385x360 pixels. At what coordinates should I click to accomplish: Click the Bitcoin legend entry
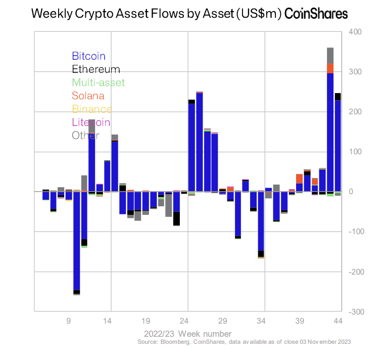coord(88,56)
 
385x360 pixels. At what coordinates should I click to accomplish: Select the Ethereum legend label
coord(96,69)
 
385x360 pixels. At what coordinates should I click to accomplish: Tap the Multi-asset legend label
coord(98,82)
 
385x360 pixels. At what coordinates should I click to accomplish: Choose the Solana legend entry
coord(88,96)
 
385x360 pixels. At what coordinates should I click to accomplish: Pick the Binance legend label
coord(92,109)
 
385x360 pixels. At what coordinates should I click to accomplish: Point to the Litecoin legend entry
coord(91,122)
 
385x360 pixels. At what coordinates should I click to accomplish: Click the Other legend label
coord(85,135)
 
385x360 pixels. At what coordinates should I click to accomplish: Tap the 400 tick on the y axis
coord(355,32)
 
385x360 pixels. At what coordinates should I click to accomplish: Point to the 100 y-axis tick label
coord(355,152)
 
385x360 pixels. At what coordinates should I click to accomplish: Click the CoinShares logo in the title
coord(316,14)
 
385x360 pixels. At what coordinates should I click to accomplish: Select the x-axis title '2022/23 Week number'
coord(188,334)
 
